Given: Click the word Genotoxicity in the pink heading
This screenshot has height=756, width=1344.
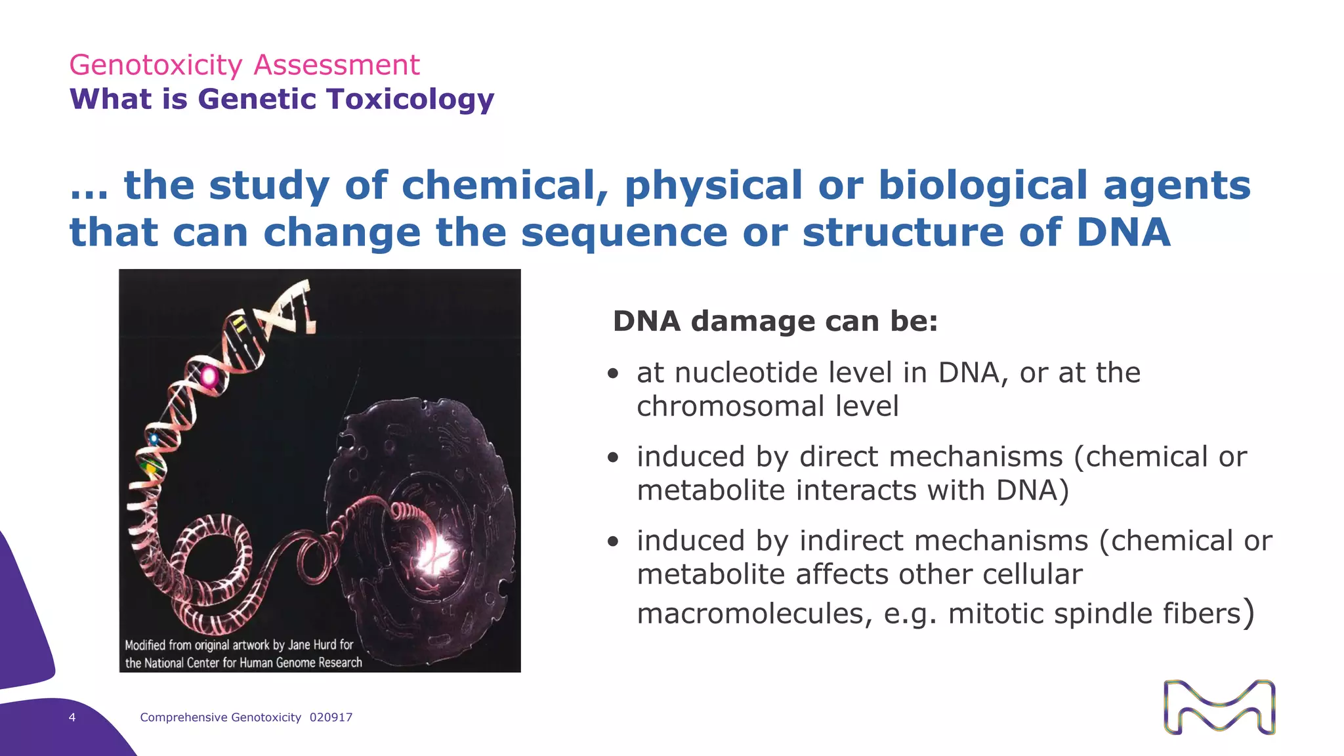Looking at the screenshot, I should (x=156, y=65).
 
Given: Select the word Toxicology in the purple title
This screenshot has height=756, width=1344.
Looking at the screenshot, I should (x=411, y=99).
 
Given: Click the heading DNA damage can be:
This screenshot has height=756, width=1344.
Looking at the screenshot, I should (x=775, y=322).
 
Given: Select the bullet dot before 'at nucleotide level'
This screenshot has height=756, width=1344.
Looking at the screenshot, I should (x=613, y=374).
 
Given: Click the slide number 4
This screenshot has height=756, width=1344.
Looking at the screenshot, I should (x=72, y=717).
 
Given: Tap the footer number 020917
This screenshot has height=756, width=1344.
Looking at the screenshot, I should (x=331, y=717).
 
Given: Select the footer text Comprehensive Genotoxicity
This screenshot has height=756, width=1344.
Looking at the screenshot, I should (x=220, y=717).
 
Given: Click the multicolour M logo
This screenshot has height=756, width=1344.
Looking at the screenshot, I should (x=1219, y=707).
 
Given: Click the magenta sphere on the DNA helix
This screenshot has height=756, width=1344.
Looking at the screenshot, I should (x=209, y=376).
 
